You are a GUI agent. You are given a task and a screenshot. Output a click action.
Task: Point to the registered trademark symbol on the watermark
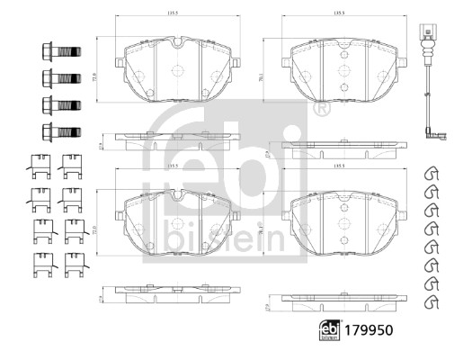click(322, 109)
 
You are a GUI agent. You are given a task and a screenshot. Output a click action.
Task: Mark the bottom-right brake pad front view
click(340, 220)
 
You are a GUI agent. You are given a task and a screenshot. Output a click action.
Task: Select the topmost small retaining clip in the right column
click(430, 173)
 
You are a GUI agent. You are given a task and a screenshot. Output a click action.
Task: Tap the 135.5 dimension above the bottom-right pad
click(340, 166)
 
